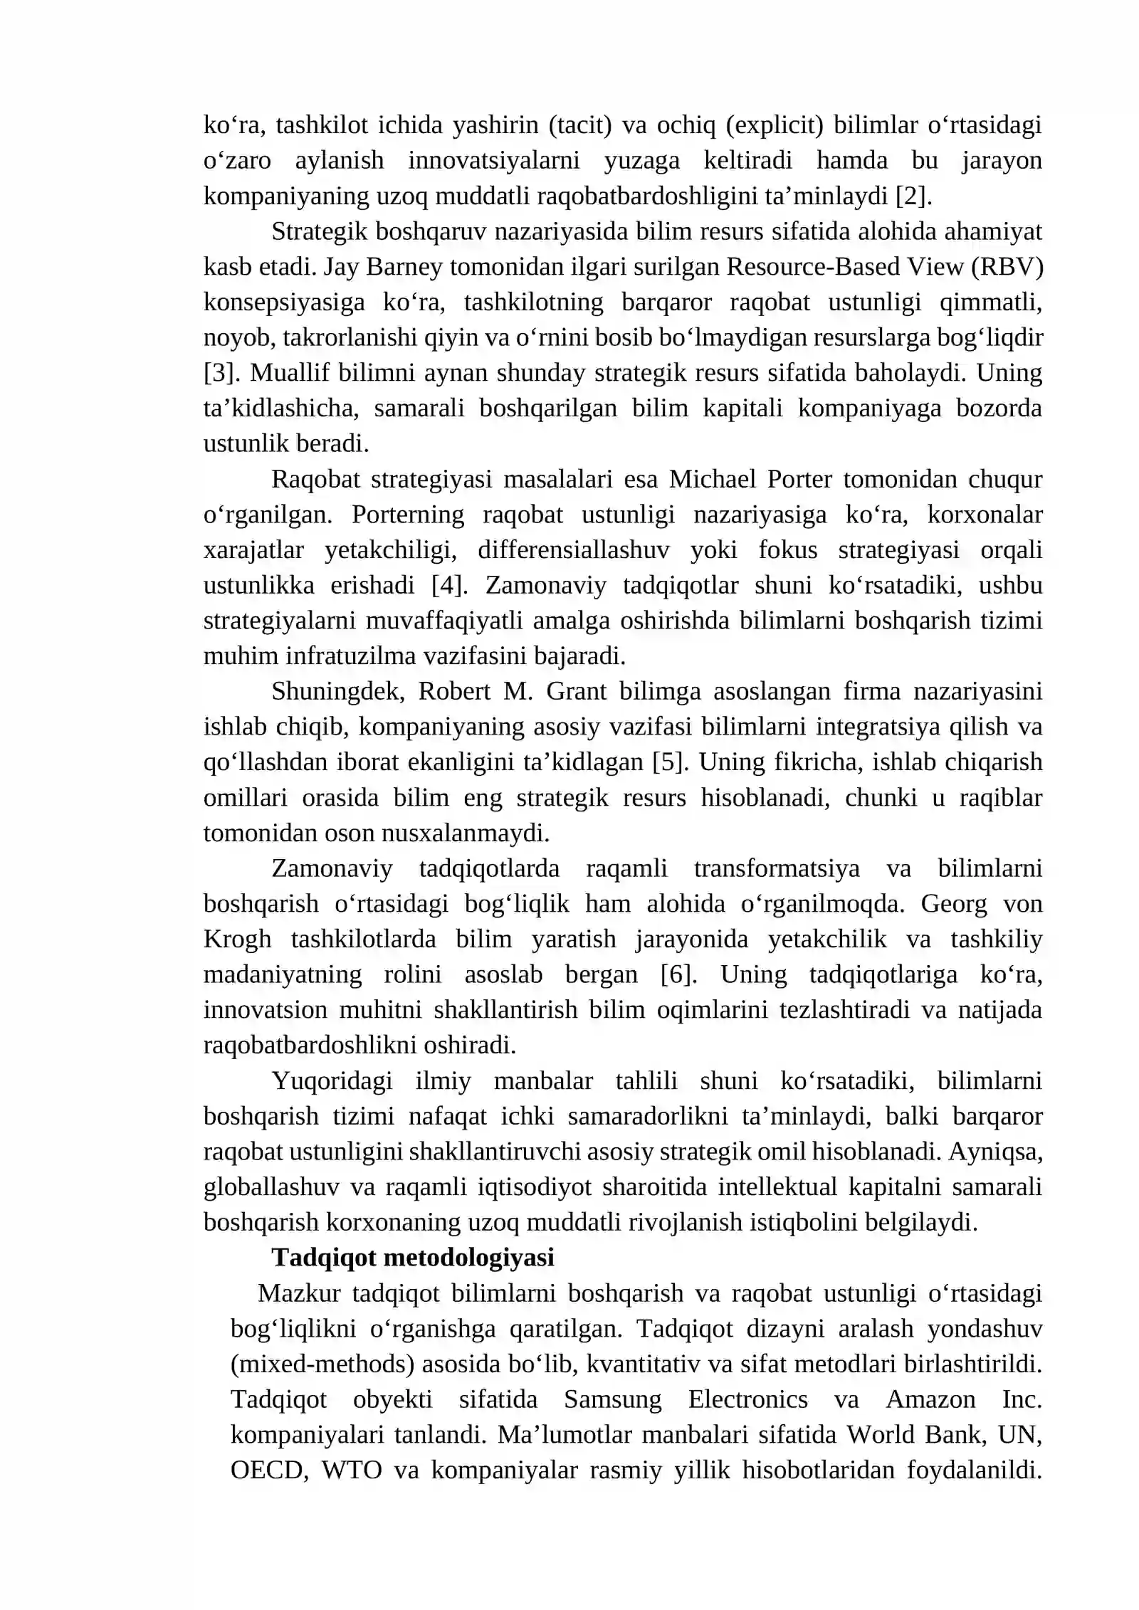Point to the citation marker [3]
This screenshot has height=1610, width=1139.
pos(220,373)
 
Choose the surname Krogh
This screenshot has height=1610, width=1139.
pos(237,940)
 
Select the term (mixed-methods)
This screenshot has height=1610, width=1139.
pos(322,1364)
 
